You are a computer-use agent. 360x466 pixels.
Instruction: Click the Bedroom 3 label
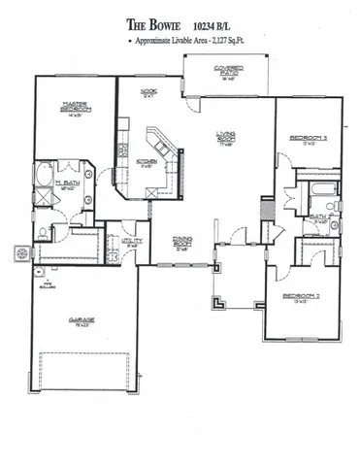(x=308, y=141)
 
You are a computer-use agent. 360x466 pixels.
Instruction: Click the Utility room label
(x=132, y=242)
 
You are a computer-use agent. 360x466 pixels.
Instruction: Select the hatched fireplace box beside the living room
(x=265, y=209)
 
